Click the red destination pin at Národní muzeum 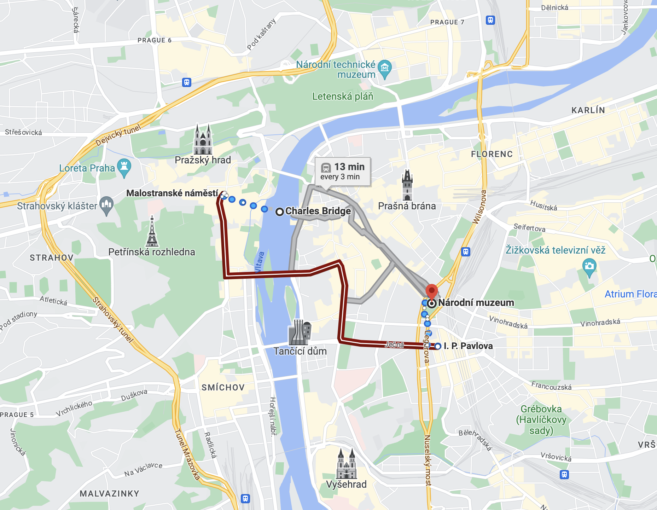click(431, 291)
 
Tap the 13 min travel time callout click(343, 171)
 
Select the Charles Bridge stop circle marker click(280, 212)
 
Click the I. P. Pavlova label click(468, 346)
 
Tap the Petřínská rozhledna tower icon click(152, 232)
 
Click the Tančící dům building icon click(300, 332)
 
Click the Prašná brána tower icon click(407, 185)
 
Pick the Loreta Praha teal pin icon click(124, 167)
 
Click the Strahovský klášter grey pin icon click(106, 205)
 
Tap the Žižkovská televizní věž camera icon click(589, 267)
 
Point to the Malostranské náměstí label click(172, 193)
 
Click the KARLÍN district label click(588, 110)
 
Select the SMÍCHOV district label click(223, 388)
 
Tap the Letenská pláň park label click(343, 96)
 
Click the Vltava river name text click(260, 262)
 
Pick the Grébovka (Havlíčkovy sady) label click(541, 420)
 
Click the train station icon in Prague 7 click(490, 20)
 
